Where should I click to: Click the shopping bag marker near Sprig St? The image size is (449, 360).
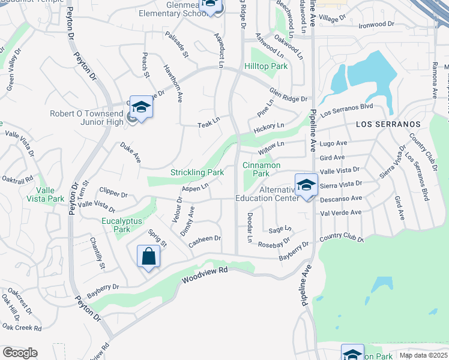pyautogui.click(x=148, y=256)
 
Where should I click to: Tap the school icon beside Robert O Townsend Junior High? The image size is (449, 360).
pyautogui.click(x=141, y=107)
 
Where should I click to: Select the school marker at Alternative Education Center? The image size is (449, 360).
pyautogui.click(x=306, y=184)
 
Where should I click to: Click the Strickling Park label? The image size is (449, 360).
pyautogui.click(x=197, y=172)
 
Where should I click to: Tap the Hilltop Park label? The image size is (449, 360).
pyautogui.click(x=266, y=66)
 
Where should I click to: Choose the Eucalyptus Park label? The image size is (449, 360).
pyautogui.click(x=122, y=225)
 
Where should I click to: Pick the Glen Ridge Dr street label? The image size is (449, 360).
pyautogui.click(x=288, y=95)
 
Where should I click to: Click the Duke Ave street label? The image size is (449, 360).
pyautogui.click(x=130, y=153)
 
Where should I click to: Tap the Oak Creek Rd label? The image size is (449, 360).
pyautogui.click(x=22, y=328)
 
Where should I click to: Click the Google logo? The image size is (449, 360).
pyautogui.click(x=20, y=353)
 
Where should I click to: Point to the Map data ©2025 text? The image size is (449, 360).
pyautogui.click(x=424, y=355)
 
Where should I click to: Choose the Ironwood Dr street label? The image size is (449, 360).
pyautogui.click(x=376, y=25)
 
